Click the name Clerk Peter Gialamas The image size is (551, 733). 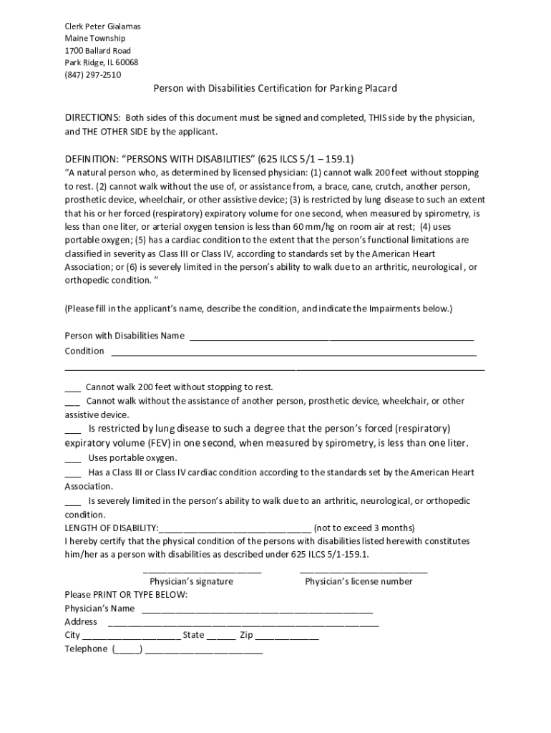(102, 26)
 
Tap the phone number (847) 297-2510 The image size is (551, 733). (93, 74)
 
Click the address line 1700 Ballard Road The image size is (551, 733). (97, 51)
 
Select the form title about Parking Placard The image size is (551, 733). (275, 88)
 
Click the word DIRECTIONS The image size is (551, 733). (92, 117)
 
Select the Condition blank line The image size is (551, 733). (293, 351)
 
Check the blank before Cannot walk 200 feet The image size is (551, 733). (72, 387)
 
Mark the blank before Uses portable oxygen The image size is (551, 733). (72, 458)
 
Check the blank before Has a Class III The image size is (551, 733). (72, 473)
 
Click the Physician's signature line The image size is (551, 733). (202, 572)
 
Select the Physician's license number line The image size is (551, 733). (363, 572)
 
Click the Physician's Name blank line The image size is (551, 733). (257, 610)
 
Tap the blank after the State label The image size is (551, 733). (221, 636)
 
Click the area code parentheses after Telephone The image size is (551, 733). (127, 649)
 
